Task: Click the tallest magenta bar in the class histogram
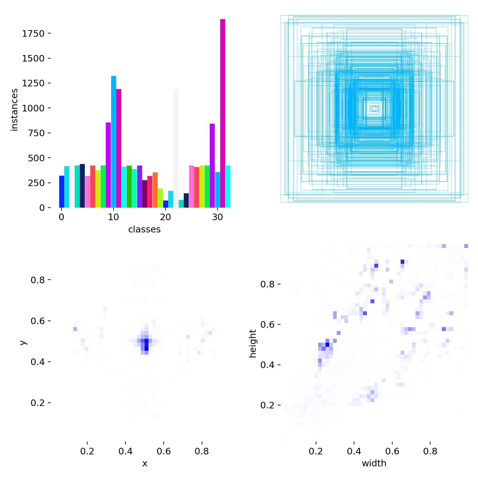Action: (223, 114)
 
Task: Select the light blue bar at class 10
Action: (114, 142)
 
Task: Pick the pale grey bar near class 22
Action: (176, 148)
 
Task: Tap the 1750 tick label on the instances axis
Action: (33, 33)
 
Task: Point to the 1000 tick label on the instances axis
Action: (33, 108)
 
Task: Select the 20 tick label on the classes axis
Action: (166, 217)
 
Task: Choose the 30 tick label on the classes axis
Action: (217, 217)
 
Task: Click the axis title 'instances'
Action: (14, 110)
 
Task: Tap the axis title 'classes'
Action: (144, 229)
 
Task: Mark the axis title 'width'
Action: (374, 463)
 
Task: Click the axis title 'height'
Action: (253, 343)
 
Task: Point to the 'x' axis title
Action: (145, 463)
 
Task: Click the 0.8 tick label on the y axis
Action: (37, 280)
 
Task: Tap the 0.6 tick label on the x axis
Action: (164, 451)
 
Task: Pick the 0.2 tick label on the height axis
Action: (267, 405)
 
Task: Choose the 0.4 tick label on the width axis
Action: (354, 451)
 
